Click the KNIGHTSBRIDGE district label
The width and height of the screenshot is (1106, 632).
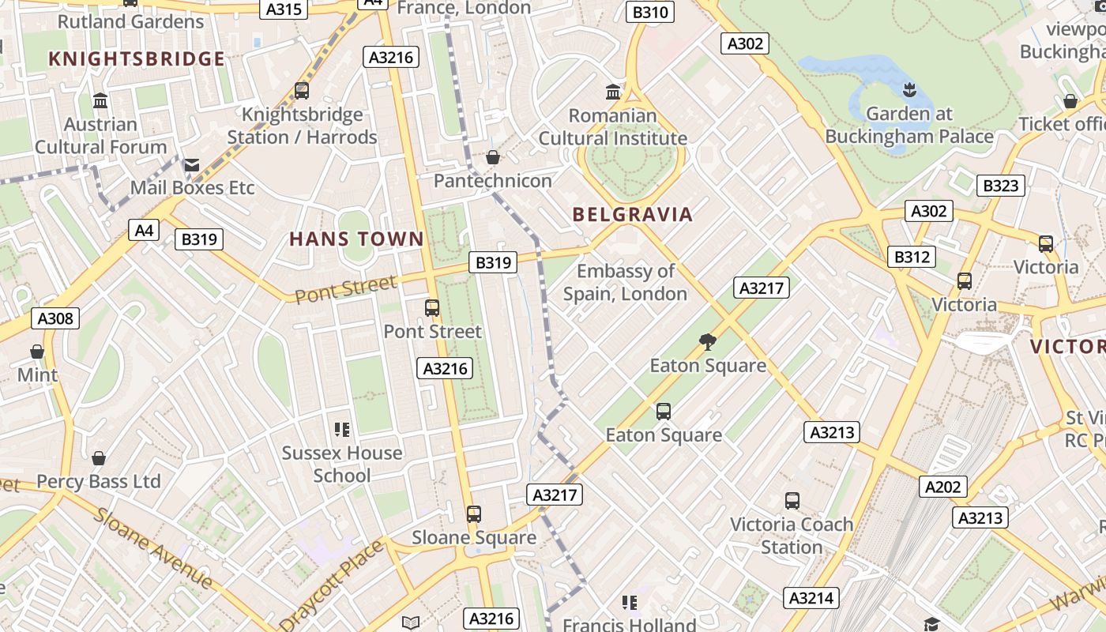tap(137, 59)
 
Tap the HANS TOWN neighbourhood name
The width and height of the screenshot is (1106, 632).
tap(356, 239)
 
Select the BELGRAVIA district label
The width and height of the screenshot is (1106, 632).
tap(632, 214)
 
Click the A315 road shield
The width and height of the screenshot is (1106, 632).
tap(284, 9)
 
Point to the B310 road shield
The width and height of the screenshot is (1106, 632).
tap(650, 12)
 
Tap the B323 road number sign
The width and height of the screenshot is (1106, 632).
tap(1001, 186)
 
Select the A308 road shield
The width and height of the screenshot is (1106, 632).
tap(55, 318)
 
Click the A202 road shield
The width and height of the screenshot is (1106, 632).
tap(943, 487)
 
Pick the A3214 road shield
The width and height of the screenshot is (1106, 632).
tap(811, 598)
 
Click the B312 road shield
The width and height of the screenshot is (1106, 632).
tap(912, 257)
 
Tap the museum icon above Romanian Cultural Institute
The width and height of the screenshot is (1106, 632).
tap(613, 92)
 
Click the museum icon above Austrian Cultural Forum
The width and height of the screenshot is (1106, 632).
tap(100, 101)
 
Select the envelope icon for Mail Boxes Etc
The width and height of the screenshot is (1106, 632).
tap(192, 164)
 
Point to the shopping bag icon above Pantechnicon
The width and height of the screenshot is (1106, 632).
tap(493, 158)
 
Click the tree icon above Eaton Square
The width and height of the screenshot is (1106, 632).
tap(708, 342)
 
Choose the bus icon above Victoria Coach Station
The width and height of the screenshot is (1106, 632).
tap(792, 501)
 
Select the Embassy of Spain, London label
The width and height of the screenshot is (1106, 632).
tap(625, 283)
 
